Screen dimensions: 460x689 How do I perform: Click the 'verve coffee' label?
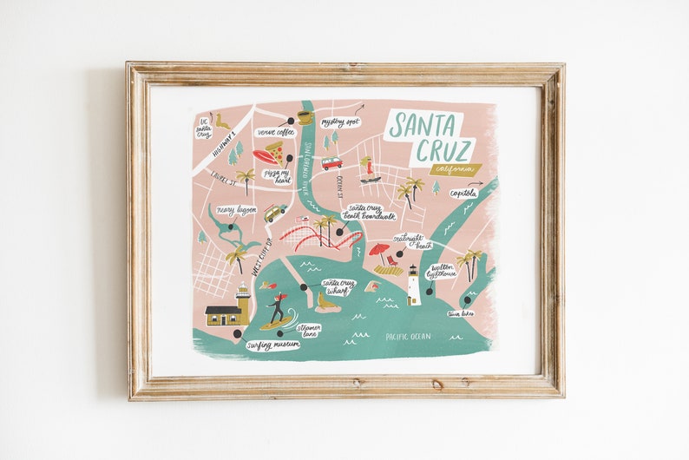[275, 132]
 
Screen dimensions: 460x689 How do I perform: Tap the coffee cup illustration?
[304, 116]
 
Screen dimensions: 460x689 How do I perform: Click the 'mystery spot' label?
[339, 122]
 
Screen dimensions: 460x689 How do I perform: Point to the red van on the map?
[331, 162]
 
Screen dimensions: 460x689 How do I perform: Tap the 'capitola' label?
[464, 193]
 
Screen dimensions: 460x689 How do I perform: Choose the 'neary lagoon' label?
[236, 210]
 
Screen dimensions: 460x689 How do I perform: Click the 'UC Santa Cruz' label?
[204, 128]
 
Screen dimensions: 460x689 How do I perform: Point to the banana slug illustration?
[223, 122]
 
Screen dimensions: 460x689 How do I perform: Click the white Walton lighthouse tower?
[414, 286]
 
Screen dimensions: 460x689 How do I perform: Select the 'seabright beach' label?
[412, 240]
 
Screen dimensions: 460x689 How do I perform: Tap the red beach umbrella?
[378, 251]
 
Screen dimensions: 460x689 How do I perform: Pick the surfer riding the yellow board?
[277, 309]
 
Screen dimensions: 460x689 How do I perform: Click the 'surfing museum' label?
[272, 345]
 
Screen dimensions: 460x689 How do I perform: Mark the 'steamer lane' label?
[308, 330]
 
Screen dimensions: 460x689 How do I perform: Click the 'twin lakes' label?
[460, 313]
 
